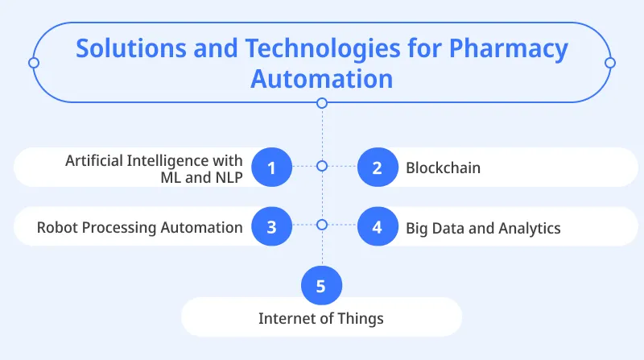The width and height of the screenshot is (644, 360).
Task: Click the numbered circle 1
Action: [271, 168]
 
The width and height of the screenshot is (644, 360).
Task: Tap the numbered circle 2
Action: [377, 168]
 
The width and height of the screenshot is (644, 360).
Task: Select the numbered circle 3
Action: [271, 226]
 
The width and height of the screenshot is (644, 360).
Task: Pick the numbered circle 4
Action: [377, 226]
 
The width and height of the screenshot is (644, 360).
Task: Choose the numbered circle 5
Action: [321, 284]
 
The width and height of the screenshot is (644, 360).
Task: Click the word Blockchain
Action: [443, 168]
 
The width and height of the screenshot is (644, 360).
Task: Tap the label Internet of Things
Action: [321, 318]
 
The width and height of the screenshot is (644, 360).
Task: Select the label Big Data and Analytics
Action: [483, 228]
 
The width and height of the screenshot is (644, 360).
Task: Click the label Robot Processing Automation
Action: [140, 227]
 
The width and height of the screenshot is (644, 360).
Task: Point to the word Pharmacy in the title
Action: [508, 48]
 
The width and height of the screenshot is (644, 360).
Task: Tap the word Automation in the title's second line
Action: [321, 79]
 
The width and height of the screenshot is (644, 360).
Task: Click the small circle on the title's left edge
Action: [33, 62]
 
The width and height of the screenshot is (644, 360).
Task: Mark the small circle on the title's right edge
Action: [609, 62]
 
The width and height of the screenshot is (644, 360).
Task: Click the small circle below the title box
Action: [322, 103]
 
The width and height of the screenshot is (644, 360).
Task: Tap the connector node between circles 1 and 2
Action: [322, 166]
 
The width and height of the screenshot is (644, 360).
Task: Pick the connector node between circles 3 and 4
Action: [322, 225]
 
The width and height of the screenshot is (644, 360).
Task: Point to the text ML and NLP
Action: [201, 177]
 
